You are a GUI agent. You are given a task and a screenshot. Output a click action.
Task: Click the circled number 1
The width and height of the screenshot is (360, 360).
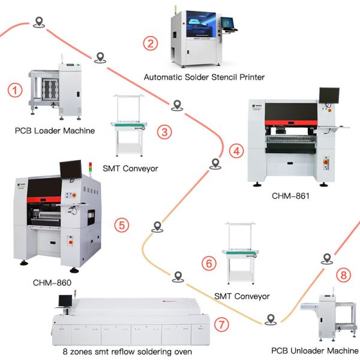(x=15, y=91)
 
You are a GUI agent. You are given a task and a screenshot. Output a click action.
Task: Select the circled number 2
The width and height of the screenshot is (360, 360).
(x=151, y=43)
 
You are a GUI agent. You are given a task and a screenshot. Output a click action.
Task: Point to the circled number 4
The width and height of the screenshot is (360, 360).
(x=238, y=151)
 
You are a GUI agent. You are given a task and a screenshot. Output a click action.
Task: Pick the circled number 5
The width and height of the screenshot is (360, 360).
(x=121, y=226)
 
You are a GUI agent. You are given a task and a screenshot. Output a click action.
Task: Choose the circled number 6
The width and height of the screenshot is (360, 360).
(x=208, y=263)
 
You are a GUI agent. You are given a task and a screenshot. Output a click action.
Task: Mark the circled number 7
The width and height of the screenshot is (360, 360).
(x=221, y=325)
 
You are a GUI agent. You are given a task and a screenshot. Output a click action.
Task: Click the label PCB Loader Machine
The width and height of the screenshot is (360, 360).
(x=55, y=130)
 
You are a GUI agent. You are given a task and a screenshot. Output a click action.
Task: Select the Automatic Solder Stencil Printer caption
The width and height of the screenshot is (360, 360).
(x=204, y=77)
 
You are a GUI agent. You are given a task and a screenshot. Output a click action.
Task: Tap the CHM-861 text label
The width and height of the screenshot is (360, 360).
(x=290, y=195)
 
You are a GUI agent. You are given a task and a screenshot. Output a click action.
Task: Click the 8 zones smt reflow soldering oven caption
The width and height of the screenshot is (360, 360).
(x=128, y=352)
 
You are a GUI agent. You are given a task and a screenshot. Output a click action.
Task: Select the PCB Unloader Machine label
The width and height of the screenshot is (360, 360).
(x=314, y=350)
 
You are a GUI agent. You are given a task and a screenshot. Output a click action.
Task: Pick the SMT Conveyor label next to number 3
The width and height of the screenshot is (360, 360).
(x=131, y=168)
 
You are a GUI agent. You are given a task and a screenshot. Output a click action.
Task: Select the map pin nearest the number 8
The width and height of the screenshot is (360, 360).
(x=326, y=259)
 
